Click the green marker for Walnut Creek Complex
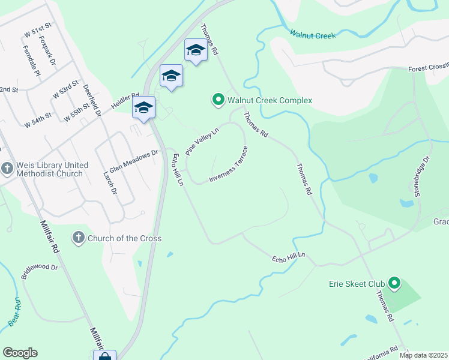point(218,100)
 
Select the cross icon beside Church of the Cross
point(78,238)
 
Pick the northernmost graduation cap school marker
point(196,50)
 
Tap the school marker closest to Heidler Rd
point(143,108)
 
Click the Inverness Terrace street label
point(229,163)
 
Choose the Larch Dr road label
point(110,182)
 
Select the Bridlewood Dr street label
point(40,271)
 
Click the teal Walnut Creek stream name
point(312,35)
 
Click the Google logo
point(20,353)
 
